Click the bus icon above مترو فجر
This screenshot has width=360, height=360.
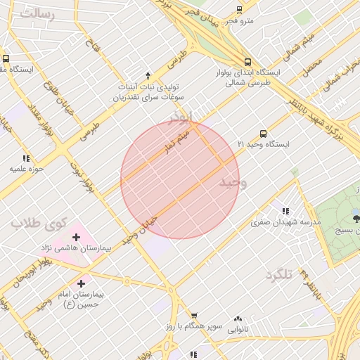[x=239, y=10]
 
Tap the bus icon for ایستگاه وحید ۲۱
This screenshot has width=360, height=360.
[x=263, y=133]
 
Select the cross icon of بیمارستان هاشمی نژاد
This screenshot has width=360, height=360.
[x=76, y=237]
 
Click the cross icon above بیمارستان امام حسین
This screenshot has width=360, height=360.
[x=83, y=282]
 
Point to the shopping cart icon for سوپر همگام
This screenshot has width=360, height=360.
[x=194, y=316]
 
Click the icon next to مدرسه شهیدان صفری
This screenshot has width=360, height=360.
[x=285, y=210]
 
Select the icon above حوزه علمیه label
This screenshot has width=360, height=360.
[x=27, y=158]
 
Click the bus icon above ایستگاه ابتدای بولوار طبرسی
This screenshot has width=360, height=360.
[x=246, y=61]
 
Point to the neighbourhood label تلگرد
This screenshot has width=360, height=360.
[x=278, y=275]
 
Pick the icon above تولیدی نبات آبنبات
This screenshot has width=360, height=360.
[x=147, y=75]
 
